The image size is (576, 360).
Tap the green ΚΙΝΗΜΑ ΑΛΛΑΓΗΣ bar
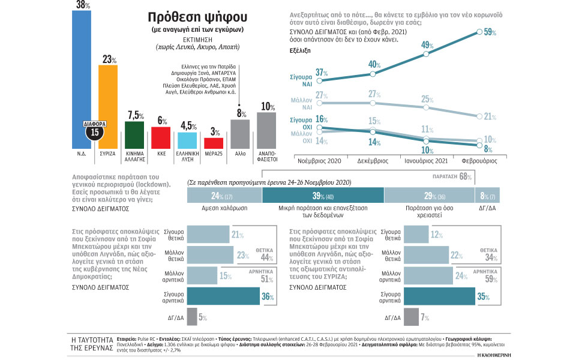click(134, 134)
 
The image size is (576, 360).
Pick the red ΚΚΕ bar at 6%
click(161, 137)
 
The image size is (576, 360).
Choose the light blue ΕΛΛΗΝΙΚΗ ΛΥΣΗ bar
click(188, 140)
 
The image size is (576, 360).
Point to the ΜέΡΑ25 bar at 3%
click(214, 143)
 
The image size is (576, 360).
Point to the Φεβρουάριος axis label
click(478, 161)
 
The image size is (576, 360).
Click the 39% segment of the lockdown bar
click(323, 196)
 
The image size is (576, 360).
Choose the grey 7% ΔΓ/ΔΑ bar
click(411, 317)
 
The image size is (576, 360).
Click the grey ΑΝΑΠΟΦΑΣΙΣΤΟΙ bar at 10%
click(266, 130)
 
